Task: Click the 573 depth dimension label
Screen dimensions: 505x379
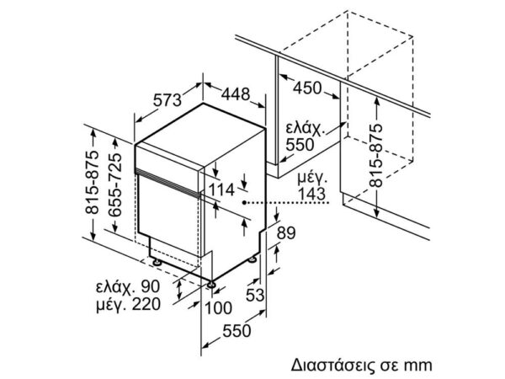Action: tap(167, 100)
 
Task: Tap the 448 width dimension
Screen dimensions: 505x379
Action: tap(236, 94)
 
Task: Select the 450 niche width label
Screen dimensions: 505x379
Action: tap(307, 88)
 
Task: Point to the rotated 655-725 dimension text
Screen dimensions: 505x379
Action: tap(115, 185)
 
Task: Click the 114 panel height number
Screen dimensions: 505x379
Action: tap(221, 189)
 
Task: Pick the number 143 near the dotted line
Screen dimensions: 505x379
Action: tap(311, 194)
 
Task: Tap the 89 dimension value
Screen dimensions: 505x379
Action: tap(286, 232)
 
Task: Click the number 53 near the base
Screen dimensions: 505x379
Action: tap(255, 295)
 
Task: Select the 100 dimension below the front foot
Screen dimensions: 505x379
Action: tap(218, 307)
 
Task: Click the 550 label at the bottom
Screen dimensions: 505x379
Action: tap(237, 331)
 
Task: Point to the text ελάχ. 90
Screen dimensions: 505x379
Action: tap(128, 287)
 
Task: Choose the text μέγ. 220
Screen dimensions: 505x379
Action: tap(128, 304)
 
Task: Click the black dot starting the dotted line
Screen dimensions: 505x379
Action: tap(245, 202)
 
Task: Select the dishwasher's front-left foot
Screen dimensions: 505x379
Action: tap(157, 262)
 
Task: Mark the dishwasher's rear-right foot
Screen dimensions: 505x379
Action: tap(252, 259)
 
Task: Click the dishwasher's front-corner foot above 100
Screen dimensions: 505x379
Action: tap(211, 284)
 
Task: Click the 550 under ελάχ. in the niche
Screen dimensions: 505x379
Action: tap(300, 145)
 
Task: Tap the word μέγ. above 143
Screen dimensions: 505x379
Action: tap(312, 179)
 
